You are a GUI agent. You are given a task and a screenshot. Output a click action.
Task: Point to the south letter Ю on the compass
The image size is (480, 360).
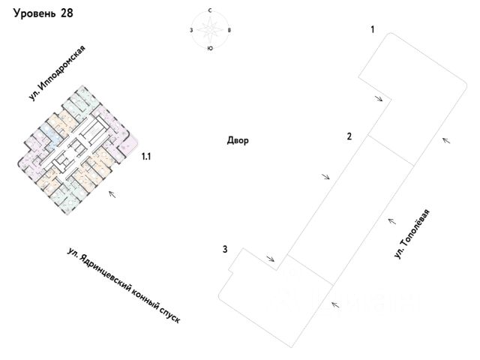(x=210, y=48)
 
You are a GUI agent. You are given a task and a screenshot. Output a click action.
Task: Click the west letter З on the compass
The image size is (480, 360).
(x=193, y=30)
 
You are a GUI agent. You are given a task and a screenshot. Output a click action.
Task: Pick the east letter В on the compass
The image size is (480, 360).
(x=229, y=30)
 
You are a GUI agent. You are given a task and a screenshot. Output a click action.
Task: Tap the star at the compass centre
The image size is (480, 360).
(x=210, y=30)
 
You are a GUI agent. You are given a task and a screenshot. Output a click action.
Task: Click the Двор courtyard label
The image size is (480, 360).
(x=237, y=140)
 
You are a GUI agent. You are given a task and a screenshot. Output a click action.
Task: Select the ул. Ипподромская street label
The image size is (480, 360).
(x=58, y=73)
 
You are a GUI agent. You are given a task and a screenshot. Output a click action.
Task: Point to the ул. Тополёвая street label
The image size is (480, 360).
(x=414, y=233)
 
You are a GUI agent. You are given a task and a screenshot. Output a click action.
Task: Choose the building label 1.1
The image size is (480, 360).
(x=147, y=157)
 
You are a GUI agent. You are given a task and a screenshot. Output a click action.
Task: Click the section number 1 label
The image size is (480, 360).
(x=372, y=29)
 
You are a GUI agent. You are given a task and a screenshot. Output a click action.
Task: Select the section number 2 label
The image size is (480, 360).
(x=349, y=136)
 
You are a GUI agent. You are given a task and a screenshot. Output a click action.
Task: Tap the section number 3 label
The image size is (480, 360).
(x=224, y=249)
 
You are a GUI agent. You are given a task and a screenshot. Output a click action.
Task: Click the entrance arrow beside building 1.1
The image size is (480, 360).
(x=112, y=194)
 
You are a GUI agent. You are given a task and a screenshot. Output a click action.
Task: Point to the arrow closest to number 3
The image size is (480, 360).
(x=269, y=258)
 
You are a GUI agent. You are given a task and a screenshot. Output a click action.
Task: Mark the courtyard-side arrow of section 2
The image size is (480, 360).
(x=325, y=176)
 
